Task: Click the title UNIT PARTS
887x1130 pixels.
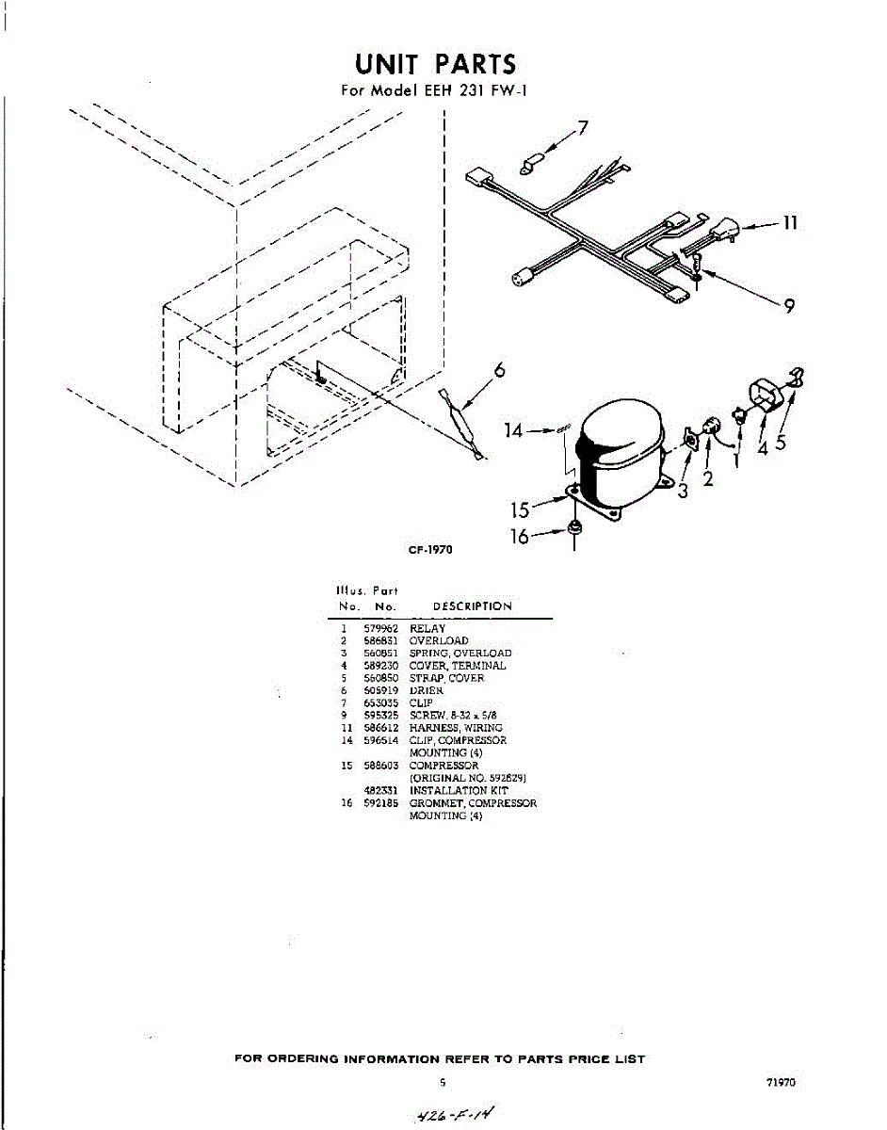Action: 436,64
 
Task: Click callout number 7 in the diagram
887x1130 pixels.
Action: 583,128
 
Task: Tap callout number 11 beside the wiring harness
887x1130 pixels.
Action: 790,223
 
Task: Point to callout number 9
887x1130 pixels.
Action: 789,306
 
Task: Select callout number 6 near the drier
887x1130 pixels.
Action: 500,370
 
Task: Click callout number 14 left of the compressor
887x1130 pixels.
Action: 513,430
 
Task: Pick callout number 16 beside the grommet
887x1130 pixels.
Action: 519,536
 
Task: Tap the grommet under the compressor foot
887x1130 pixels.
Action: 573,531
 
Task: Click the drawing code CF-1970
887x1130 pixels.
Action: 430,550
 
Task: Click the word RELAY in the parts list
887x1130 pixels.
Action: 427,628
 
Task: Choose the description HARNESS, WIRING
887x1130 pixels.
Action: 456,728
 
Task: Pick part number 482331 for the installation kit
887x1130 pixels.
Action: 379,791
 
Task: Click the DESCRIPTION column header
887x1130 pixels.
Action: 473,606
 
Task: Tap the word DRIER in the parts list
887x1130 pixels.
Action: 426,690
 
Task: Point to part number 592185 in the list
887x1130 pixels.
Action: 379,803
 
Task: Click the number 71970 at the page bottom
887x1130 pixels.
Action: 782,1083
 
